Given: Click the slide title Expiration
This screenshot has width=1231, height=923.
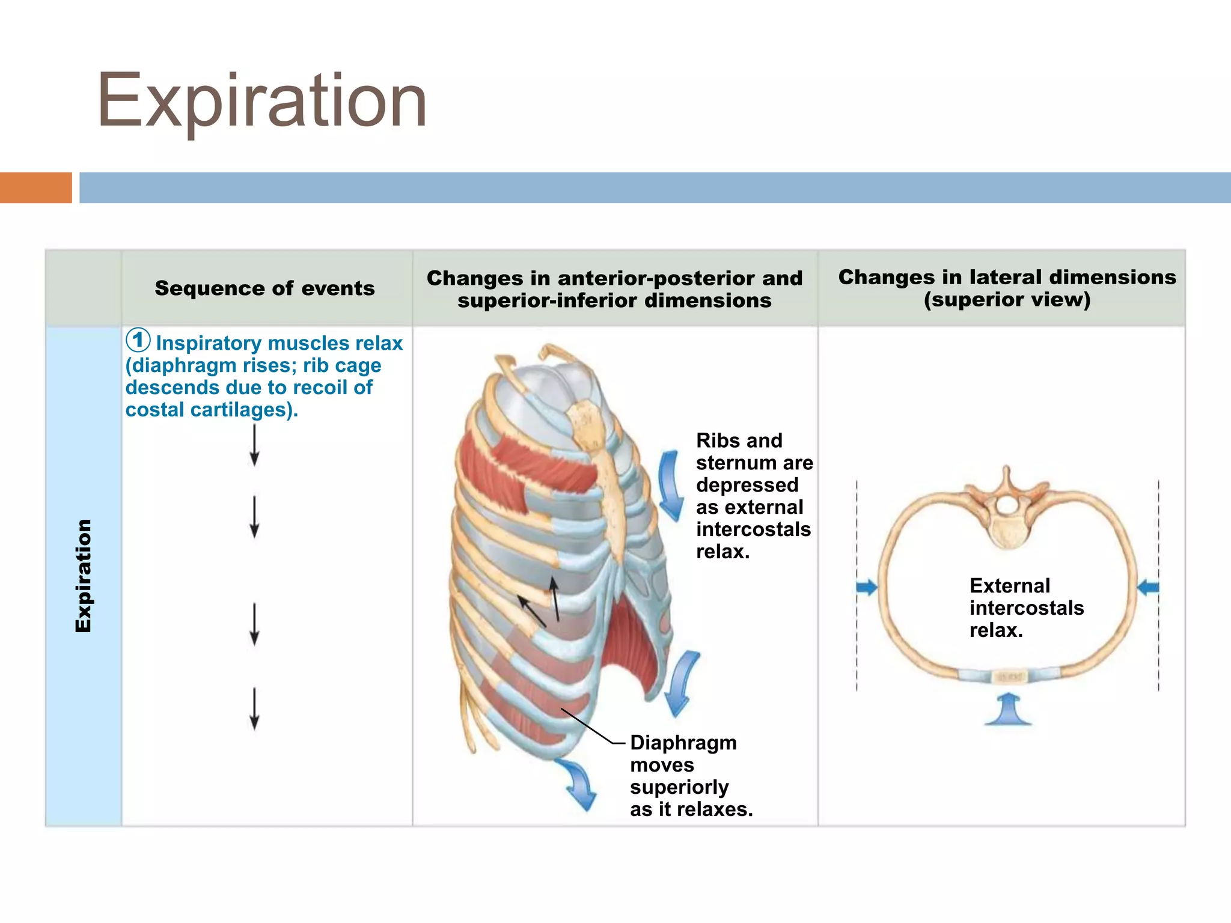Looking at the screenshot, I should coord(262,101).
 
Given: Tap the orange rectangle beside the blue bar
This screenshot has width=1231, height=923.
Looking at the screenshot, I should coord(35,187).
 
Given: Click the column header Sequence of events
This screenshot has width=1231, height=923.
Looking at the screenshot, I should coord(264,288).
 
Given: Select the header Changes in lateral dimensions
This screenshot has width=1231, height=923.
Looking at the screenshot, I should coord(1007,277).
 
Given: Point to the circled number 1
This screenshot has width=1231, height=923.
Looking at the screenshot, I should coord(138,340).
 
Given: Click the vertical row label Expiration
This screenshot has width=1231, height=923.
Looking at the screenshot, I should coord(83,576).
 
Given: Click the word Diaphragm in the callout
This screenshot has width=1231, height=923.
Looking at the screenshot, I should coord(683,743).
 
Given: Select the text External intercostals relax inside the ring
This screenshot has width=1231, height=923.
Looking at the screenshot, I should coord(1025,608).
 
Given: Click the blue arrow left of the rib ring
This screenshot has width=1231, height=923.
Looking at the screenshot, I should coord(867,587).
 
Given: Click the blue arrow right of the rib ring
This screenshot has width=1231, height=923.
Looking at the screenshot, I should coord(1148,587).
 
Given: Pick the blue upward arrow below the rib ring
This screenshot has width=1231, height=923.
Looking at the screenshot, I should coord(1008,709).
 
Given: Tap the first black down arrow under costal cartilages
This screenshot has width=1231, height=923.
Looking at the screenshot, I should coord(254,445).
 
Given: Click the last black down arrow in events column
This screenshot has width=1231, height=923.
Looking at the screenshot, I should coord(254,709).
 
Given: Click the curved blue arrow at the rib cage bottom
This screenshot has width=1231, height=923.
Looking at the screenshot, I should coord(577,783).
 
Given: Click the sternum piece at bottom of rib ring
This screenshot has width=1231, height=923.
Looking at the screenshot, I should coord(1007,677).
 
